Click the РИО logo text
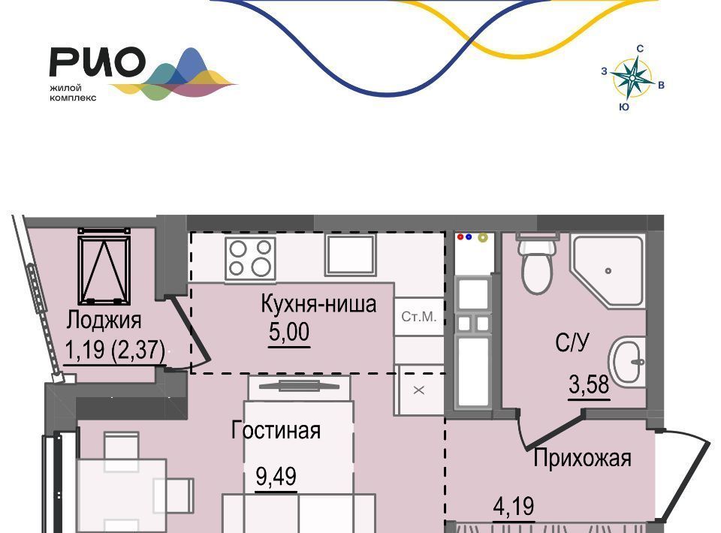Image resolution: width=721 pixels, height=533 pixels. [x=98, y=62]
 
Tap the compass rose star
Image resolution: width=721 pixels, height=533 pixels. [x=632, y=78]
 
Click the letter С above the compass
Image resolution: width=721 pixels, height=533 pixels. [x=640, y=49]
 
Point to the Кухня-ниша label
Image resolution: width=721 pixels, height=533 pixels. [x=318, y=304]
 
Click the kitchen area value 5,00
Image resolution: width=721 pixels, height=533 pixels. [x=289, y=331]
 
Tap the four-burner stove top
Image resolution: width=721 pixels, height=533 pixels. [x=250, y=258]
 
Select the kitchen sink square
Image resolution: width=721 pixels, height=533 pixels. [x=351, y=255]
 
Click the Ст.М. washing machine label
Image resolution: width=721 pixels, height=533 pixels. [x=418, y=317]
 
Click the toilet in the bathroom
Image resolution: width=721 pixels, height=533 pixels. [x=536, y=263]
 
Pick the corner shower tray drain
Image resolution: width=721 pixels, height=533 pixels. [x=608, y=271]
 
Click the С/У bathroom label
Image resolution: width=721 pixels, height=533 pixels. [x=572, y=342]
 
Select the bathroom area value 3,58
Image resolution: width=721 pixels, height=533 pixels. [x=589, y=384]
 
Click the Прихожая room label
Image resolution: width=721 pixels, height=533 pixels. [x=582, y=458]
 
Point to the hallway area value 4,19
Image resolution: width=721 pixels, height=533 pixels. [x=514, y=507]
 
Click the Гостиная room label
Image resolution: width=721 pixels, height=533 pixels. [x=276, y=431]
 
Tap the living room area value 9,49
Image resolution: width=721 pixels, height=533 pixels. [x=276, y=477]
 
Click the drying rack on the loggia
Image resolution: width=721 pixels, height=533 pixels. [x=104, y=266]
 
